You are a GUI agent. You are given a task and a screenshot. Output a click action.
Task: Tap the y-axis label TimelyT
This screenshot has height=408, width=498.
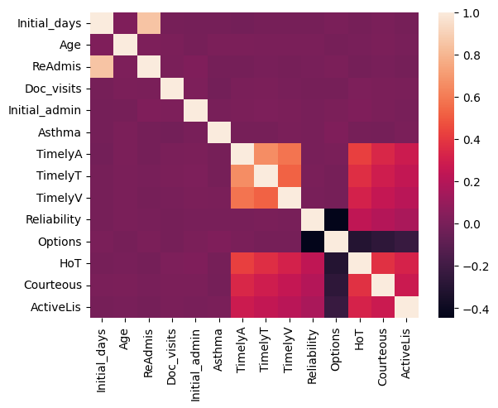pyautogui.click(x=59, y=176)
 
